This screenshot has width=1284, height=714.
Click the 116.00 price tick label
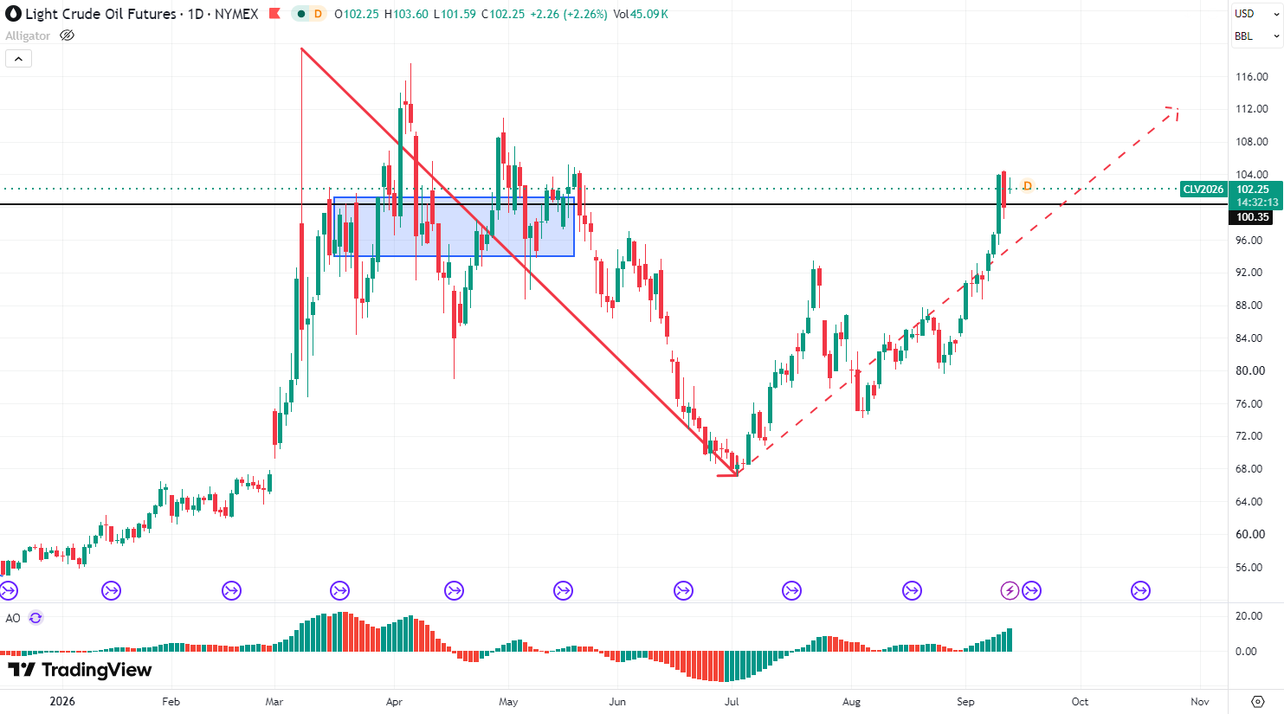(1251, 77)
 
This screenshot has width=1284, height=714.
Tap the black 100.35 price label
(1252, 217)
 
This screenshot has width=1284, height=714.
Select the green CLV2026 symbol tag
(1203, 189)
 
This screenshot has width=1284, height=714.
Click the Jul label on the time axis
(732, 701)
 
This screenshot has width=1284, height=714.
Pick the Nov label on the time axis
(1200, 701)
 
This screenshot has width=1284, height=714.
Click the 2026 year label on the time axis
(62, 701)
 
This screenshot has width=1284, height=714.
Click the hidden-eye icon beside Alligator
(67, 35)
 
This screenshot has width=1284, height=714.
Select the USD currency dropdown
(1255, 14)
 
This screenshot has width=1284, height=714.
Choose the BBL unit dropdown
(1255, 36)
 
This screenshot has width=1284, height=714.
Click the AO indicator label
(13, 618)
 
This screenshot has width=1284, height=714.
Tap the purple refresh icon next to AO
(35, 618)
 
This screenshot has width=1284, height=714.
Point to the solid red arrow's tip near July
(737, 474)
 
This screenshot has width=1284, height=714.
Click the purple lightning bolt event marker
(1010, 590)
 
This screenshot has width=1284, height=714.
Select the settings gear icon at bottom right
(1258, 701)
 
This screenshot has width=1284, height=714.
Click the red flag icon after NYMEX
(274, 13)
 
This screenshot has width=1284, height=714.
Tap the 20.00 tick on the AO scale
(1249, 616)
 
